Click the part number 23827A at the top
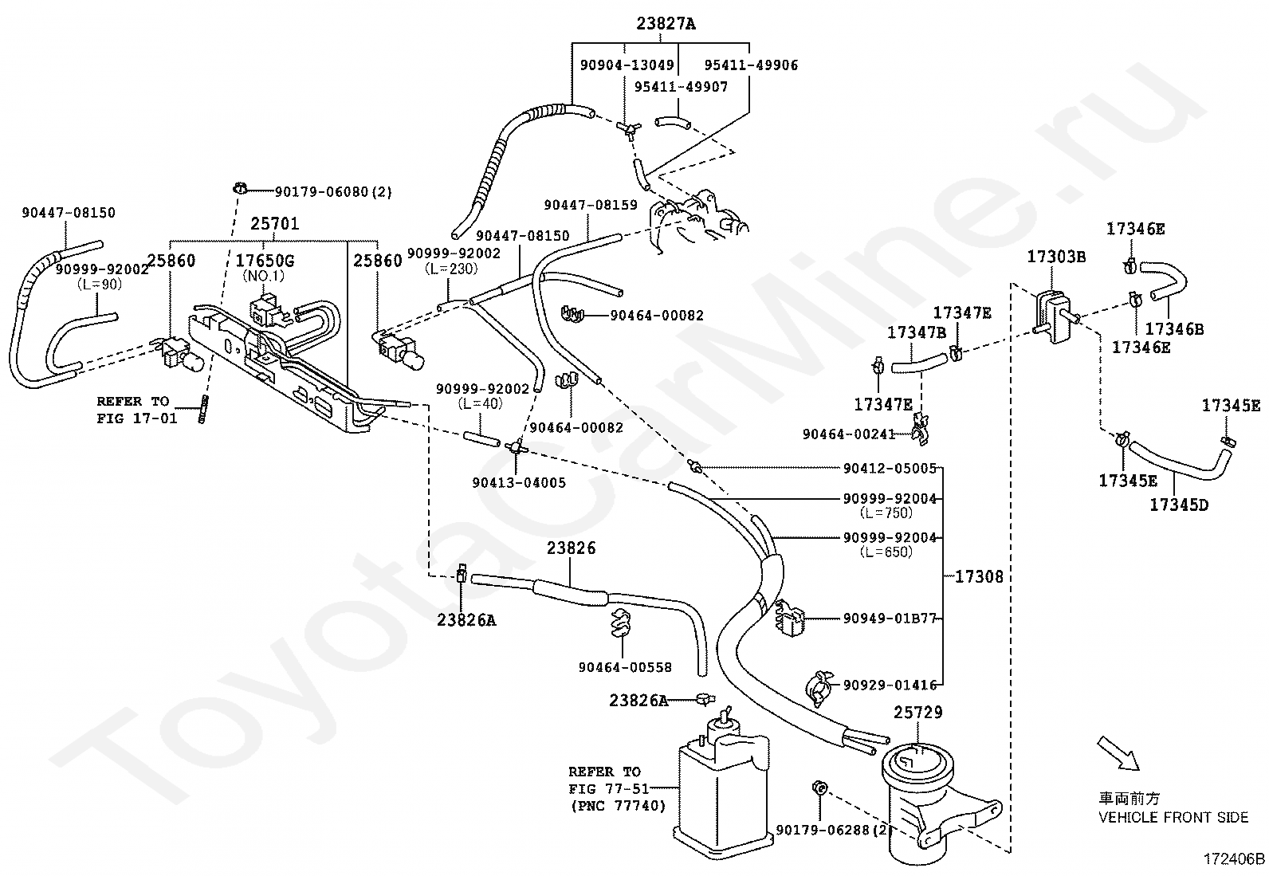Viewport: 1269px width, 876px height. click(x=666, y=24)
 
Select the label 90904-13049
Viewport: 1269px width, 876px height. click(x=627, y=65)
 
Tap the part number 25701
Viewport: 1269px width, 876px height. click(x=275, y=224)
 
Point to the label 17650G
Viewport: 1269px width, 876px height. click(x=265, y=261)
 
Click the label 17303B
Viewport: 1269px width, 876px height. click(x=1056, y=257)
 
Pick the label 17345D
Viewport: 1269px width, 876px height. click(x=1179, y=505)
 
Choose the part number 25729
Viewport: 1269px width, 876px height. click(x=918, y=713)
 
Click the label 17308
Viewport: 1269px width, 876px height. click(x=979, y=577)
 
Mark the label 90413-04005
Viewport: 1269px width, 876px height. click(x=519, y=483)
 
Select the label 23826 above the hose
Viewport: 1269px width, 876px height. click(x=571, y=548)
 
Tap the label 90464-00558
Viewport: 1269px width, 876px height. click(x=625, y=667)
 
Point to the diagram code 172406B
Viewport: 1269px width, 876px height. click(x=1234, y=859)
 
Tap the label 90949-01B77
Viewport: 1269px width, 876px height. click(x=890, y=619)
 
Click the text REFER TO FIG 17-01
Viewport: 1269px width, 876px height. click(x=136, y=410)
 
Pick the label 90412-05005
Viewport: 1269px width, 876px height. click(x=890, y=468)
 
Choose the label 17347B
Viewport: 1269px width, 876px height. click(x=917, y=332)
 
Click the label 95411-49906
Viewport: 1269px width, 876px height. click(x=751, y=65)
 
